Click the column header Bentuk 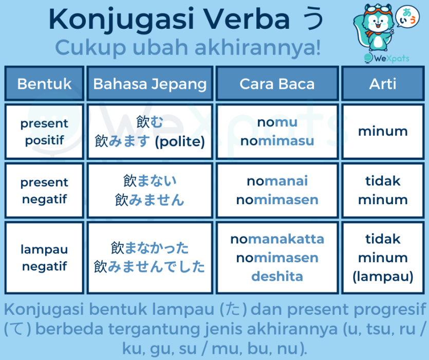[44, 83]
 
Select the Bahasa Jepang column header [150, 83]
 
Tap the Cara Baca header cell [277, 83]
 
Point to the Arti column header [383, 83]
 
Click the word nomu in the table [277, 122]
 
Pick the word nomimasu [277, 141]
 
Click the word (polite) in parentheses [180, 141]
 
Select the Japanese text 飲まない [150, 181]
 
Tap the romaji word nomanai [277, 181]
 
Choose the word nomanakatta [277, 239]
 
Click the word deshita [277, 277]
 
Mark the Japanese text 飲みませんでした [149, 266]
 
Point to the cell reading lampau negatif [44, 258]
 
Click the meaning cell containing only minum [383, 132]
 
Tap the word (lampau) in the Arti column [383, 277]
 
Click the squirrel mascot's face [378, 23]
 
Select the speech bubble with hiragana [407, 17]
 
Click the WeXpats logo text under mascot [391, 58]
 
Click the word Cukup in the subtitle [90, 48]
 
